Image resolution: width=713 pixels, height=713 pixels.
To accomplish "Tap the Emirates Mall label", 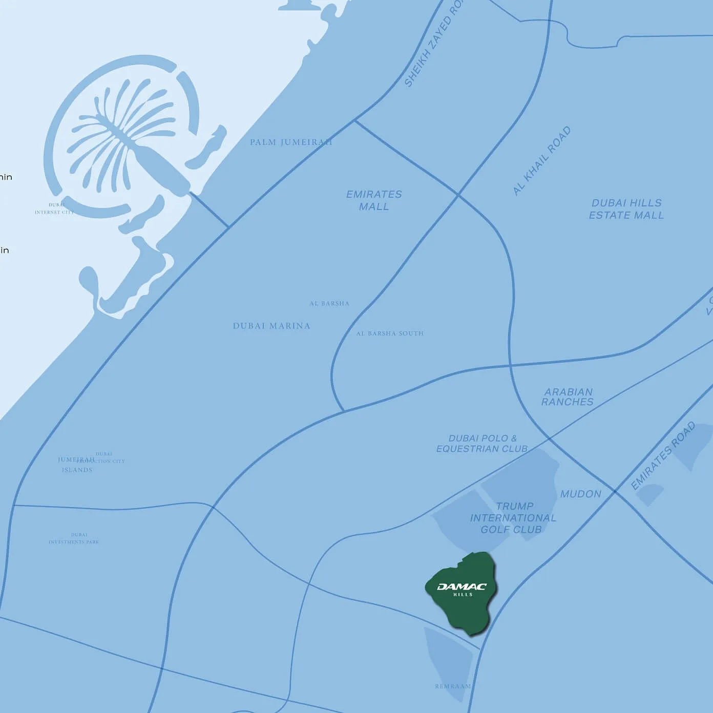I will tap(374, 200).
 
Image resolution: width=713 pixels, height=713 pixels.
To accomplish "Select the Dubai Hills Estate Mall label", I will tap(626, 209).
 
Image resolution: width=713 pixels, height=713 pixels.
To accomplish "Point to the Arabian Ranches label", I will tap(568, 397).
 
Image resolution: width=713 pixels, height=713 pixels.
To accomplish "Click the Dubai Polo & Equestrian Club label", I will tap(482, 444).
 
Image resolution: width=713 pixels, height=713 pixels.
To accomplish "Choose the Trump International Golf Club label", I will tap(513, 518).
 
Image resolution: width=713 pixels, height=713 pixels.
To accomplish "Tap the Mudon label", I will tap(580, 494).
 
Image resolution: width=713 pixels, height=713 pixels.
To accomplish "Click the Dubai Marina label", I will tap(271, 326).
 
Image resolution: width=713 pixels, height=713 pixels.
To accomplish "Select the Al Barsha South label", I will tap(390, 333).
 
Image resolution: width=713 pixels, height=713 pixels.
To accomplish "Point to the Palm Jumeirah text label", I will tap(291, 142).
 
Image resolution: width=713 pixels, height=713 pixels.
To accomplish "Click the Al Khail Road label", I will tap(542, 161).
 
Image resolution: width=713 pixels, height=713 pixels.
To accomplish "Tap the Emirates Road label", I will tap(663, 455).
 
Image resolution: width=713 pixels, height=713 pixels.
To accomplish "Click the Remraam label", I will tap(453, 686).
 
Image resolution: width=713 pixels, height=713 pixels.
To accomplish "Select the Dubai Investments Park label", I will tap(74, 538).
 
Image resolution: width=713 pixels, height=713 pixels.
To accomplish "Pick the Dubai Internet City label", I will tap(54, 208).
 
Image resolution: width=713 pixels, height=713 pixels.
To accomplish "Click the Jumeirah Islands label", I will tap(76, 465).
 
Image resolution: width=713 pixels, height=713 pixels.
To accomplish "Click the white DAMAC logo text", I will tap(462, 587).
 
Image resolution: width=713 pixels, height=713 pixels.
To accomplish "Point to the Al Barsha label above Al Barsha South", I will tap(329, 304).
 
